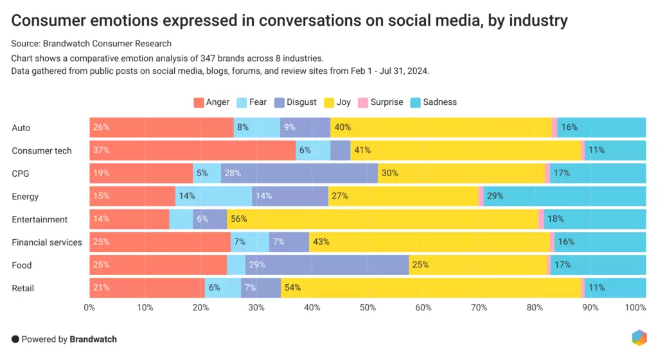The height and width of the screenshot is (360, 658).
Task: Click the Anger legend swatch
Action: point(199,102)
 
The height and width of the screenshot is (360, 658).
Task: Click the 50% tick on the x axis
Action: point(368,308)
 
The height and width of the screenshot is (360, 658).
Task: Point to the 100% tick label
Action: point(636,308)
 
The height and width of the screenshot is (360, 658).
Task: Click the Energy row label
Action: point(25,196)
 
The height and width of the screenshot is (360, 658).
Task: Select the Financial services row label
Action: point(47,242)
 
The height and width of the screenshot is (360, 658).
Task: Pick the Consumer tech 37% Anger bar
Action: point(192,150)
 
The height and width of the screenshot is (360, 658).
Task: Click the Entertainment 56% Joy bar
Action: point(382,219)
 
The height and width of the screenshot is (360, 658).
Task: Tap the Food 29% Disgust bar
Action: point(327,265)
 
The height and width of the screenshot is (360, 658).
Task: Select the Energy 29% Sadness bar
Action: point(564,196)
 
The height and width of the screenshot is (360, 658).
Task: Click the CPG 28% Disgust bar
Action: point(299,173)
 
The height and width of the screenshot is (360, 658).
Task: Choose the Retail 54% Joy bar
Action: point(431,288)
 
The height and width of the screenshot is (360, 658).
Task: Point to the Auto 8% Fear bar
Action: point(256,127)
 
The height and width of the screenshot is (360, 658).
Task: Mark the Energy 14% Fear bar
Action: point(213,196)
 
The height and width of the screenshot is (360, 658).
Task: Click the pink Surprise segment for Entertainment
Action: point(541,219)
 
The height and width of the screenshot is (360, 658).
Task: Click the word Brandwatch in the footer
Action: point(93,339)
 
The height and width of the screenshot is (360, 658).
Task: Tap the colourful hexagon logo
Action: point(639,339)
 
